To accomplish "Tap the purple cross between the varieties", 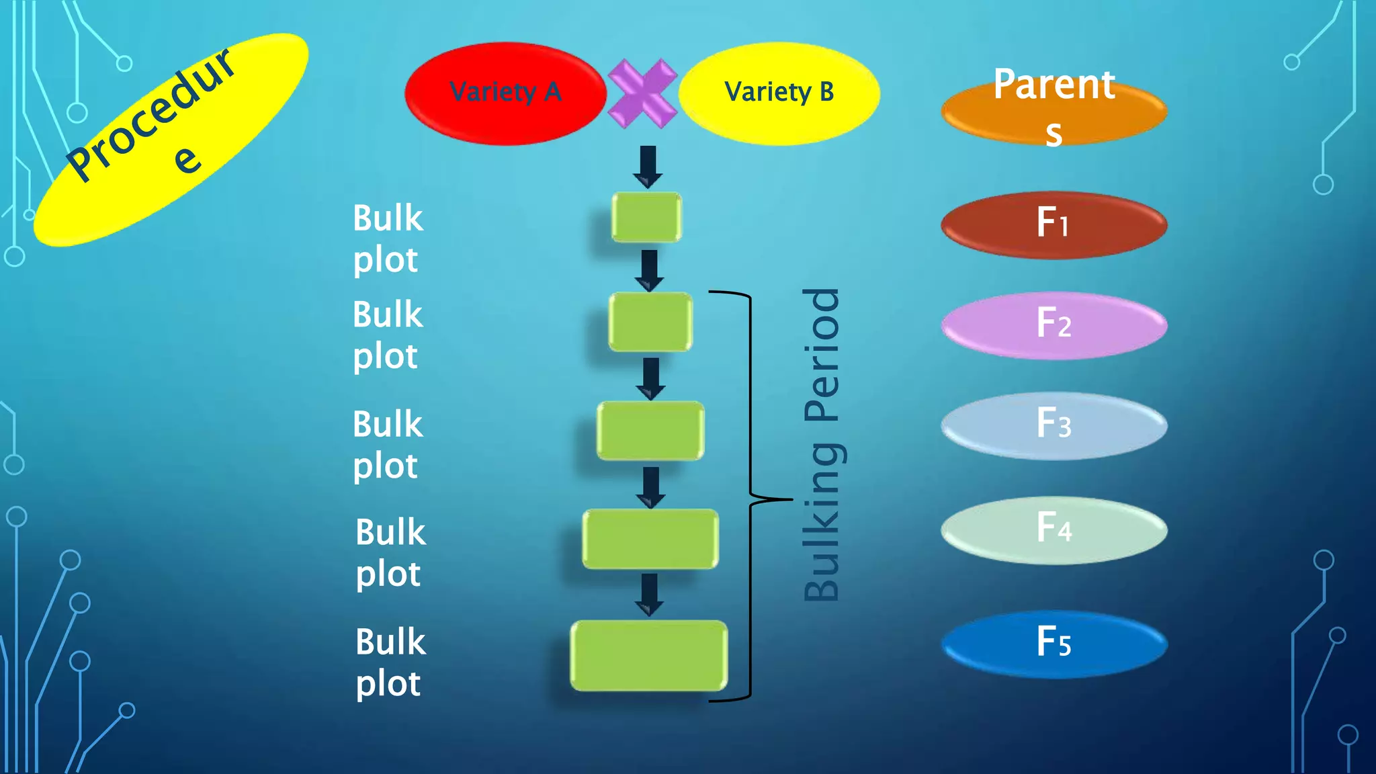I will (x=642, y=93).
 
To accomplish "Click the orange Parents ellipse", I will (x=1053, y=111).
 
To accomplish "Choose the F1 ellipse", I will (x=1053, y=224).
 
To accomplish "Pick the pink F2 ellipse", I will (x=1053, y=325).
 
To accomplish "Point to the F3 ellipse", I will (x=1053, y=425).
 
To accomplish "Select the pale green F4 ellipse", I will (x=1053, y=529).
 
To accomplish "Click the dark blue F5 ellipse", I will (x=1053, y=644).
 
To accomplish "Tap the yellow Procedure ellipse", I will (x=171, y=140).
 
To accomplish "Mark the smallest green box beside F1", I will (x=646, y=217).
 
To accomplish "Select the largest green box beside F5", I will (x=649, y=655).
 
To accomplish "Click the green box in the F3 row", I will (x=650, y=431).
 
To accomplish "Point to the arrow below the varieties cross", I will (x=648, y=167).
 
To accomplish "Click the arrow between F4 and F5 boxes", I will (x=649, y=594).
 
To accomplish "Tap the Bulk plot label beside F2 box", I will (x=388, y=335).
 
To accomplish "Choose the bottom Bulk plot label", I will (x=390, y=662).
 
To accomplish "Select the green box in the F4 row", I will (x=650, y=539).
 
